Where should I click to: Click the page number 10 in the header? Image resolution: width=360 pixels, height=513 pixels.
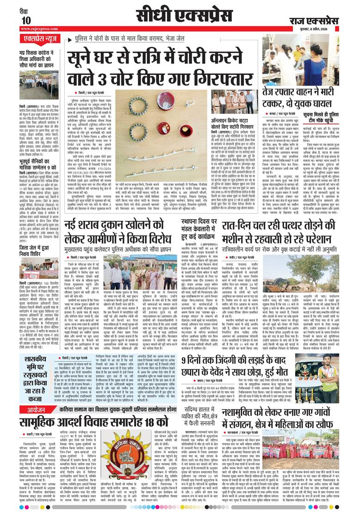click(x=26, y=20)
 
